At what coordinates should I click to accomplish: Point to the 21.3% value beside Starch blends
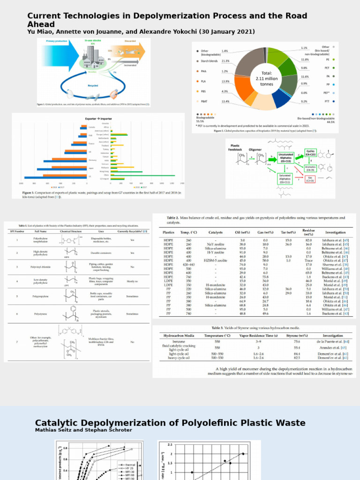[x=225, y=61]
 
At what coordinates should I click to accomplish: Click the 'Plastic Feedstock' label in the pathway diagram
[x=234, y=148]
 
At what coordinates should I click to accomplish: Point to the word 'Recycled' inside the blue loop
[x=93, y=86]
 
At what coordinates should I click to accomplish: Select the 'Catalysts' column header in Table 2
[x=216, y=232]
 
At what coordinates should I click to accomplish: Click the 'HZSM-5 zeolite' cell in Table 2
[x=216, y=260]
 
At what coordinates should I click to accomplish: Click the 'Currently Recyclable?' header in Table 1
[x=132, y=231]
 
